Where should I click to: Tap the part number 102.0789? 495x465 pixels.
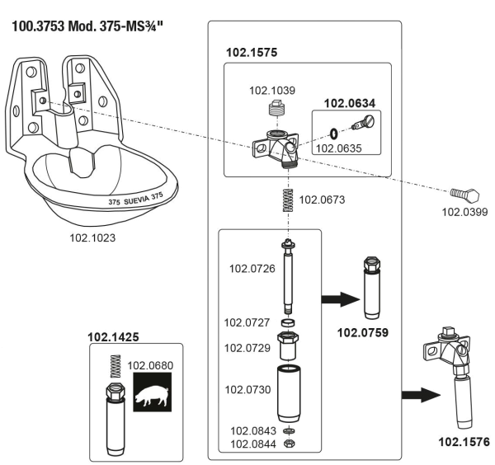[x=365, y=331]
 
